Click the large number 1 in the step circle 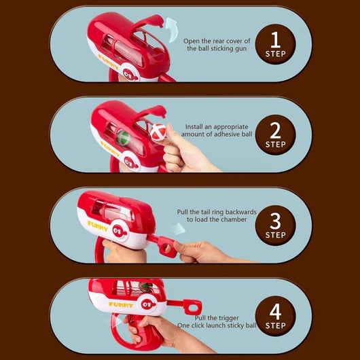(276, 39)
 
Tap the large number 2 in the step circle (276, 130)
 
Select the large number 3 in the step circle (276, 221)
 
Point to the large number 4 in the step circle (275, 312)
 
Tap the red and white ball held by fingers (158, 132)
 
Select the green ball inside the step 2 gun (124, 138)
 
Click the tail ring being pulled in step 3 (166, 247)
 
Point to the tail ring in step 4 (192, 307)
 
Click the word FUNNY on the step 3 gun (97, 226)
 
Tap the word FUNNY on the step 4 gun (121, 305)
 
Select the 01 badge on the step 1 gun (129, 75)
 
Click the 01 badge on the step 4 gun (147, 305)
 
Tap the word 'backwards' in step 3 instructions (241, 212)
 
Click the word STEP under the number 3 (276, 235)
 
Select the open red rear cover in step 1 (147, 22)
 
